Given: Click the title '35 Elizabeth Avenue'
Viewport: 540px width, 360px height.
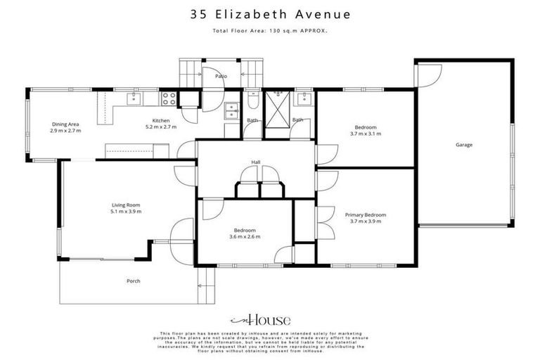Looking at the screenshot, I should pos(270,13).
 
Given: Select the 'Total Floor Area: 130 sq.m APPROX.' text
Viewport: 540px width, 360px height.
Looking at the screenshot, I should pos(270,31).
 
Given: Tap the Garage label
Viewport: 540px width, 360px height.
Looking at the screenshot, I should pos(463,145).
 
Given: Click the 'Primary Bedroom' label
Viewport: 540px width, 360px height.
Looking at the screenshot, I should pos(365,214).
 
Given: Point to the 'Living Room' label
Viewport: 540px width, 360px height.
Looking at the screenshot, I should pos(125,205).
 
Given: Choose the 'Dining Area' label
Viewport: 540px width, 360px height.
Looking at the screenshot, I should pos(65,124).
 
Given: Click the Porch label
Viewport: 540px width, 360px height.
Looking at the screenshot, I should pos(133,281).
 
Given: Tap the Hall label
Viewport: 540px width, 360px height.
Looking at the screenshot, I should pos(256,162).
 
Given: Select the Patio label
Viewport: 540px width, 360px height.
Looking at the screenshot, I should pos(220,75).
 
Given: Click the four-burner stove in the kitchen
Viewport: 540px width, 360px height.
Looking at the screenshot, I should pos(169,99).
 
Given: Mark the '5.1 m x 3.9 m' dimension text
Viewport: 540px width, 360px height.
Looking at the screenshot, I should pos(125,212).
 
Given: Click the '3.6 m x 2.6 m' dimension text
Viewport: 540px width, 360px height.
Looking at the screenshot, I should pos(245,237).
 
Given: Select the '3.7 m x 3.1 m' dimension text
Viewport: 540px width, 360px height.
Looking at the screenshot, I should pos(365,134).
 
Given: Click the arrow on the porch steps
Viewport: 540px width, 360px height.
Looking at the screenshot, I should pos(200,285).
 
